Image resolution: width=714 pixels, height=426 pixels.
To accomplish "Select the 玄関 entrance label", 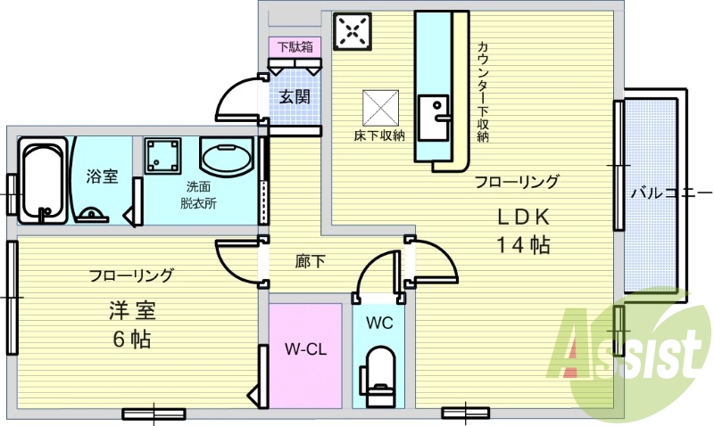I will point(295,96).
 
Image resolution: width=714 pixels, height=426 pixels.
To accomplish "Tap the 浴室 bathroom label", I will point(102,176).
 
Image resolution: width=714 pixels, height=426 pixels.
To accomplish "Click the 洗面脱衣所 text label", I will point(198,194).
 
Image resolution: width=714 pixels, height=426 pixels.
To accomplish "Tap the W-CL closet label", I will point(303,349).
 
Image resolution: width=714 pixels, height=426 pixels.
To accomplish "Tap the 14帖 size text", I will point(523,245).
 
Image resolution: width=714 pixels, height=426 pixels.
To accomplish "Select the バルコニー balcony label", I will point(669,192).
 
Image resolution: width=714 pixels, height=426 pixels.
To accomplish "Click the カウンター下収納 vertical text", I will point(482,89).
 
